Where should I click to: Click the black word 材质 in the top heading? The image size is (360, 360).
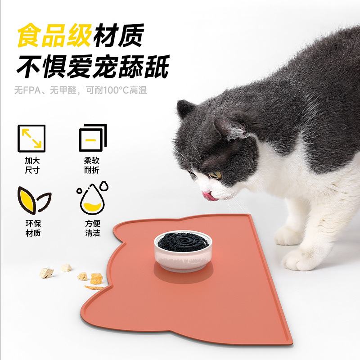pos(118,36)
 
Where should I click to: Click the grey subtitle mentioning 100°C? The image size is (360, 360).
pos(81,90)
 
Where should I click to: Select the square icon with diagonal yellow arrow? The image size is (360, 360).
pos(31,138)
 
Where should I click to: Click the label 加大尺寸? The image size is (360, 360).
pos(31,165)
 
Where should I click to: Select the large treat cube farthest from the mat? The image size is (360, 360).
pos(46,273)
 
